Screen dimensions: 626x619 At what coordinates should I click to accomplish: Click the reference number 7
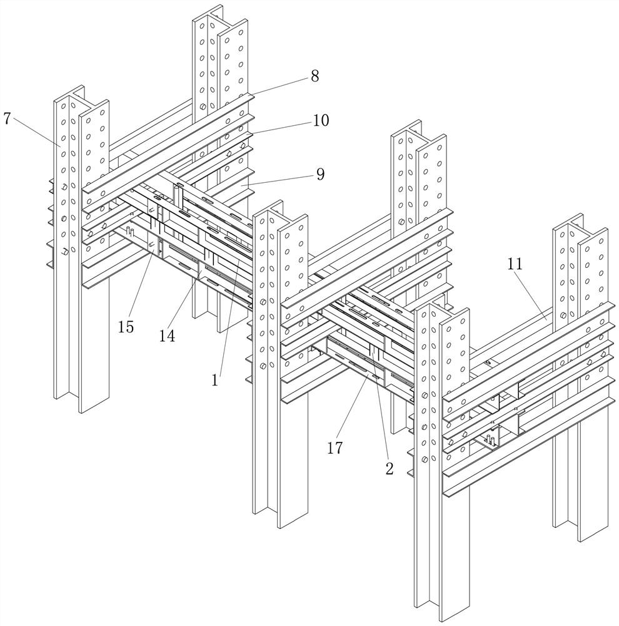pyautogui.click(x=7, y=118)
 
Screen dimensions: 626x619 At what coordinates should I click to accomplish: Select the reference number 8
pyautogui.click(x=314, y=76)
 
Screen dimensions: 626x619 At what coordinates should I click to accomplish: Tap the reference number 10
pyautogui.click(x=321, y=120)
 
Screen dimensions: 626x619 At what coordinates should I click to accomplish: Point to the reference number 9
pyautogui.click(x=320, y=174)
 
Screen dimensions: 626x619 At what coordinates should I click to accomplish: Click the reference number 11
pyautogui.click(x=515, y=264)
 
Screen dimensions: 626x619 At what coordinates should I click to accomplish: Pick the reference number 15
pyautogui.click(x=126, y=327)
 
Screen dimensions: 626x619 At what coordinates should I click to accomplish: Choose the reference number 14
pyautogui.click(x=167, y=336)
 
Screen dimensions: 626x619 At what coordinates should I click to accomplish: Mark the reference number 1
pyautogui.click(x=214, y=379)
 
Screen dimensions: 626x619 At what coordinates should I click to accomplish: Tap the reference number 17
pyautogui.click(x=335, y=448)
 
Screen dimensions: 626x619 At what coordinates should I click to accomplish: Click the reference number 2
pyautogui.click(x=389, y=469)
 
